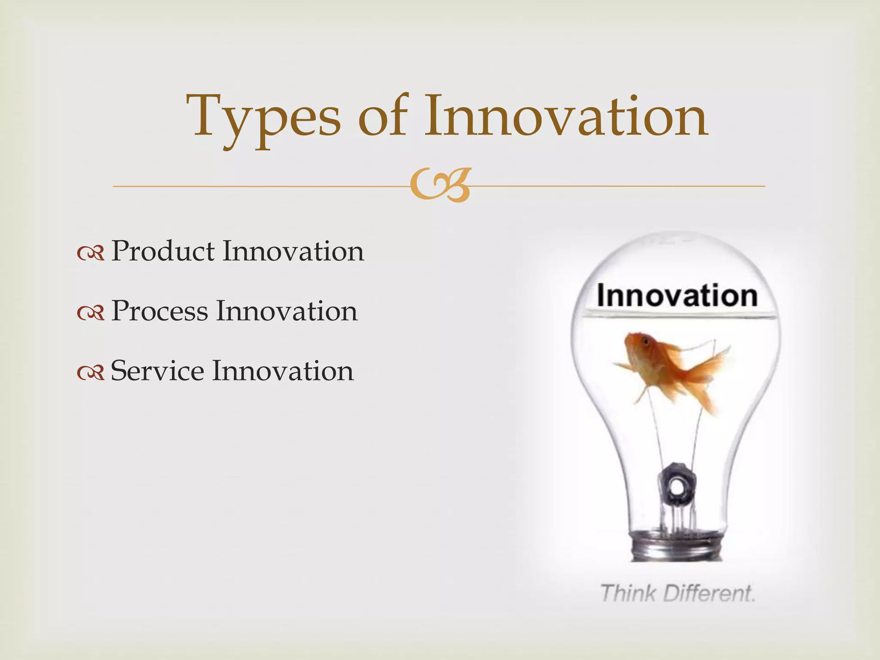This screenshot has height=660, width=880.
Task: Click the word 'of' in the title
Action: point(382,116)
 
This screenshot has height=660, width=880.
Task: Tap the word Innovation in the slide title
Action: point(566,116)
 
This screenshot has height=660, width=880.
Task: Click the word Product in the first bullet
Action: point(163,251)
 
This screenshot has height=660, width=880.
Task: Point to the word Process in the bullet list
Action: point(159,311)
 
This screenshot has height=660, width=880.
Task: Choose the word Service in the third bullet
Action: point(157,371)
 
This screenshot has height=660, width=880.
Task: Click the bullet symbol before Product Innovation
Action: point(91,254)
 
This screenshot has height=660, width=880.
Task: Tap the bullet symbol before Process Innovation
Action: point(91,313)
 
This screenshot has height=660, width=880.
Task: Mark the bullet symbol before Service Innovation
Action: point(91,373)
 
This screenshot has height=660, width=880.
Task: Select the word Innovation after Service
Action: point(283,371)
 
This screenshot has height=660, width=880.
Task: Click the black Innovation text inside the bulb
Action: point(677,296)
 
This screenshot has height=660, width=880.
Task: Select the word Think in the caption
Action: point(628,594)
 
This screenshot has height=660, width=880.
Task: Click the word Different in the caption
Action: point(709,594)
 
